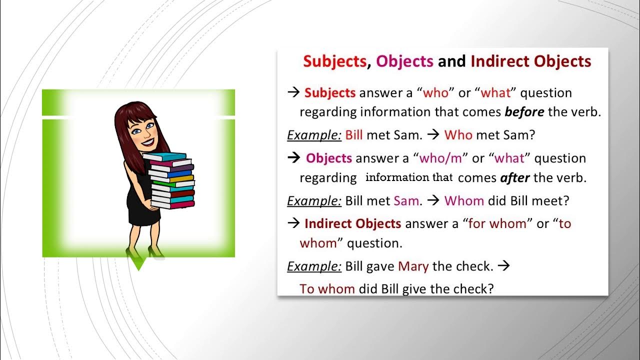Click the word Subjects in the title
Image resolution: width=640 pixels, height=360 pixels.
334,61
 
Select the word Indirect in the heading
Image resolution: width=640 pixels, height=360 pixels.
500,61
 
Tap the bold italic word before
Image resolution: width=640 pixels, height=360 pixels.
524,112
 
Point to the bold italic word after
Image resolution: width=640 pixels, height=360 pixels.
514,177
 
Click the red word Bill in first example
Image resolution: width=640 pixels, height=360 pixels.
353,134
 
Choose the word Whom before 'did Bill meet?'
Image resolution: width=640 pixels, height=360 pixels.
464,201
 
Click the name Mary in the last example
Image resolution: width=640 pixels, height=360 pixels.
413,266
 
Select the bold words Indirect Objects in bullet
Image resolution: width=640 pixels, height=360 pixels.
352,223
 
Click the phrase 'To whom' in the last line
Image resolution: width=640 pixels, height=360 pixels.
327,289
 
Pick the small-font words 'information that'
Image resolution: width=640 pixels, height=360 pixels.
409,177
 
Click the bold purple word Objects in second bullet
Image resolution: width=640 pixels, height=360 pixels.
329,158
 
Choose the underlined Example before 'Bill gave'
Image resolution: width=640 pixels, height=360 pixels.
314,266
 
